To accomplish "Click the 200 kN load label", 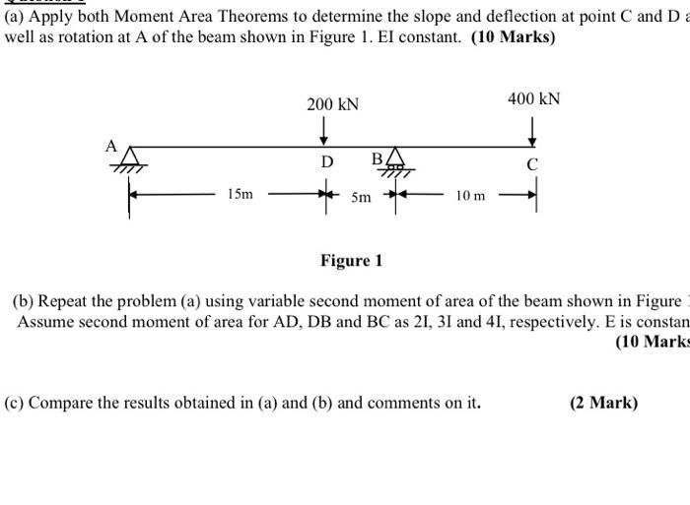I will [x=332, y=104].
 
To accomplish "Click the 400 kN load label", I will [x=533, y=98].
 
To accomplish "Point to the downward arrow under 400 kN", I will [x=533, y=129].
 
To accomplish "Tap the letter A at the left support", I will [x=111, y=147].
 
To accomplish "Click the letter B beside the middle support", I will [x=377, y=159].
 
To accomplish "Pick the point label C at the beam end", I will [x=532, y=164].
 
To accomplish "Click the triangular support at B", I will [x=395, y=158].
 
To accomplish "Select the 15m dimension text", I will [x=240, y=195].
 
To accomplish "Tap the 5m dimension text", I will [x=362, y=196].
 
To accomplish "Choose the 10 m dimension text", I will [x=470, y=196].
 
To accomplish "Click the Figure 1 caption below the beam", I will [x=351, y=261].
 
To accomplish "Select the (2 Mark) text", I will [x=603, y=403].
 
